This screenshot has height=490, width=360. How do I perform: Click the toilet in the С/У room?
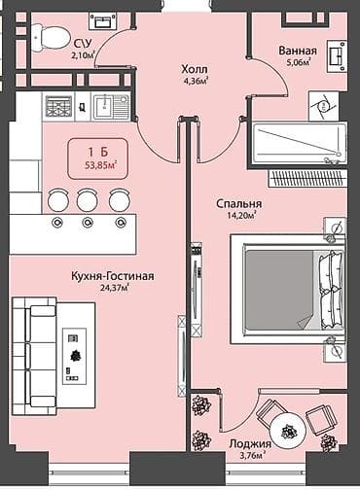[46, 37]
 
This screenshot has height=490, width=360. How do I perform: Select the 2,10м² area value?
[84, 55]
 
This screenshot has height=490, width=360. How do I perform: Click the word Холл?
[195, 69]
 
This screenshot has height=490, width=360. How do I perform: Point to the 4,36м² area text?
[196, 82]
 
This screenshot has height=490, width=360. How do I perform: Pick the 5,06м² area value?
[296, 63]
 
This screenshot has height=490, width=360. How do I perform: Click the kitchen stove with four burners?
[59, 106]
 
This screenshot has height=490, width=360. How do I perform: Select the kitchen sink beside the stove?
[113, 106]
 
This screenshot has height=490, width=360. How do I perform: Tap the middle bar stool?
[88, 200]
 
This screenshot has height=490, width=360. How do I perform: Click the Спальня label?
[238, 203]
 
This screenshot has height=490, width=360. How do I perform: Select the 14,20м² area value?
[239, 216]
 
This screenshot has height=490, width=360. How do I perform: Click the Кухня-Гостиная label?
[113, 276]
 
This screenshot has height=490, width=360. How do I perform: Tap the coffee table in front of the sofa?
[75, 356]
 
